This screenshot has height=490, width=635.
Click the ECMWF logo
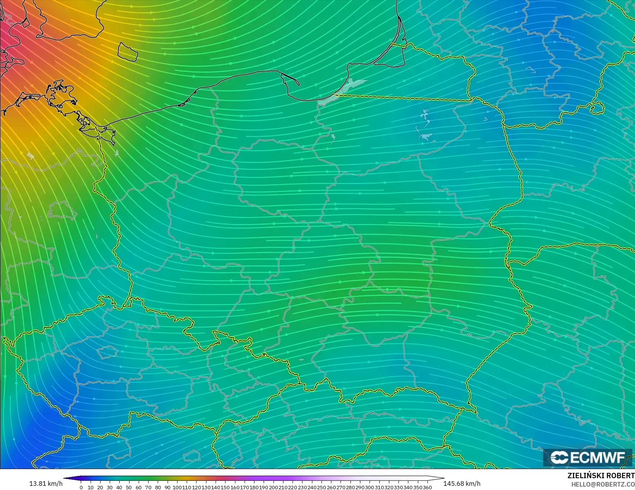587,457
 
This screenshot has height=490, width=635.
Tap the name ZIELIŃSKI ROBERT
601,476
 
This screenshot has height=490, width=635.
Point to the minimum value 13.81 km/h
46,484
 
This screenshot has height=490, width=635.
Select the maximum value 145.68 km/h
462,484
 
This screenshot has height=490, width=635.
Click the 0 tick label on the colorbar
81,487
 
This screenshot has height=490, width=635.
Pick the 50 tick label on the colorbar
129,487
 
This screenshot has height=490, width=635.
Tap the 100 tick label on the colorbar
177,487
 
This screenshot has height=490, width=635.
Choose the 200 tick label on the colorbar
274,487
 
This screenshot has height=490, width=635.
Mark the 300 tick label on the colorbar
370,487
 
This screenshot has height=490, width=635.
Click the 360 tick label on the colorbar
427,487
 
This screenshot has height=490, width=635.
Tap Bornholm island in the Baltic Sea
127,52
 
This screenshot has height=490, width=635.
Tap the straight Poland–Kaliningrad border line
404,98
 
